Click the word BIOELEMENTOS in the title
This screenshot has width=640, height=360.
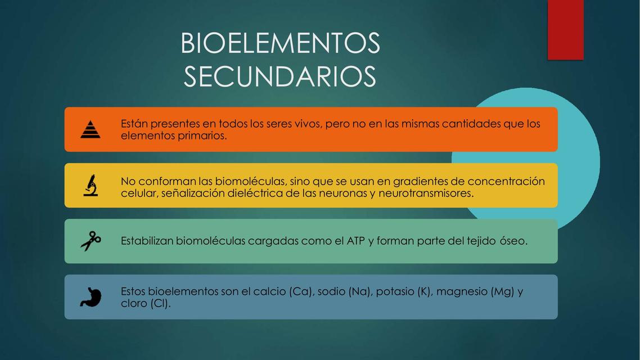coord(280,43)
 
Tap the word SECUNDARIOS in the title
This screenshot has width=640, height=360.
coord(280,76)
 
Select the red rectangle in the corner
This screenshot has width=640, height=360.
coord(565,29)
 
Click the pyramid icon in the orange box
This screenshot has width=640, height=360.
coord(90,129)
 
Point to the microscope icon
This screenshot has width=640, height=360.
coord(90,185)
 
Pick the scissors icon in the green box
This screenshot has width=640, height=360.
coord(90,241)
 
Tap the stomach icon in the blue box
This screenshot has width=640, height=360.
coord(90,297)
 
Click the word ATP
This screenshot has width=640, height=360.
coord(356,241)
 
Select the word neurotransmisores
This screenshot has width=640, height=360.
coord(425,193)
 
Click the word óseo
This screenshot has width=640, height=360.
coord(512,241)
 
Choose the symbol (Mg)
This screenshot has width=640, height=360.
coord(502,291)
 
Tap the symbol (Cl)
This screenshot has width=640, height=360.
coord(160,303)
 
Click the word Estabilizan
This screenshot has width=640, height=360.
coord(147,241)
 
